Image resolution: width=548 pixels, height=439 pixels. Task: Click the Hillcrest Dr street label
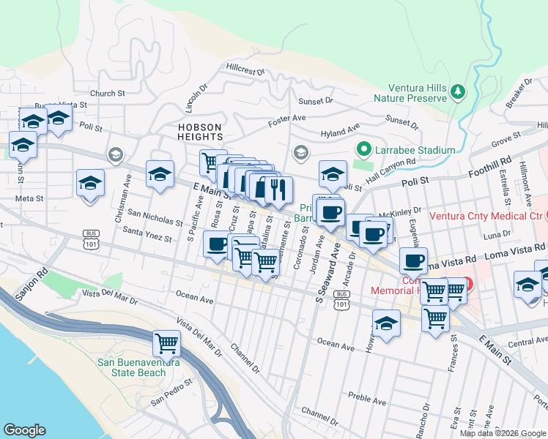[245, 70]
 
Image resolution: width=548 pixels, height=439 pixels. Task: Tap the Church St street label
[108, 93]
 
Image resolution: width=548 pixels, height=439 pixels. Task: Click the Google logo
[24, 430]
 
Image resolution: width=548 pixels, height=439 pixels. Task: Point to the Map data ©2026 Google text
[503, 433]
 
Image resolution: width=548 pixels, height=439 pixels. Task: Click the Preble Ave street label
[367, 401]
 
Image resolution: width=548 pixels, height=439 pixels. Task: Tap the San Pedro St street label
[171, 391]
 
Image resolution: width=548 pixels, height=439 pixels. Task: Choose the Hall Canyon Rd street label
[390, 169]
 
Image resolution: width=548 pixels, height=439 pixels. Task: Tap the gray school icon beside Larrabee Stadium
[300, 153]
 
